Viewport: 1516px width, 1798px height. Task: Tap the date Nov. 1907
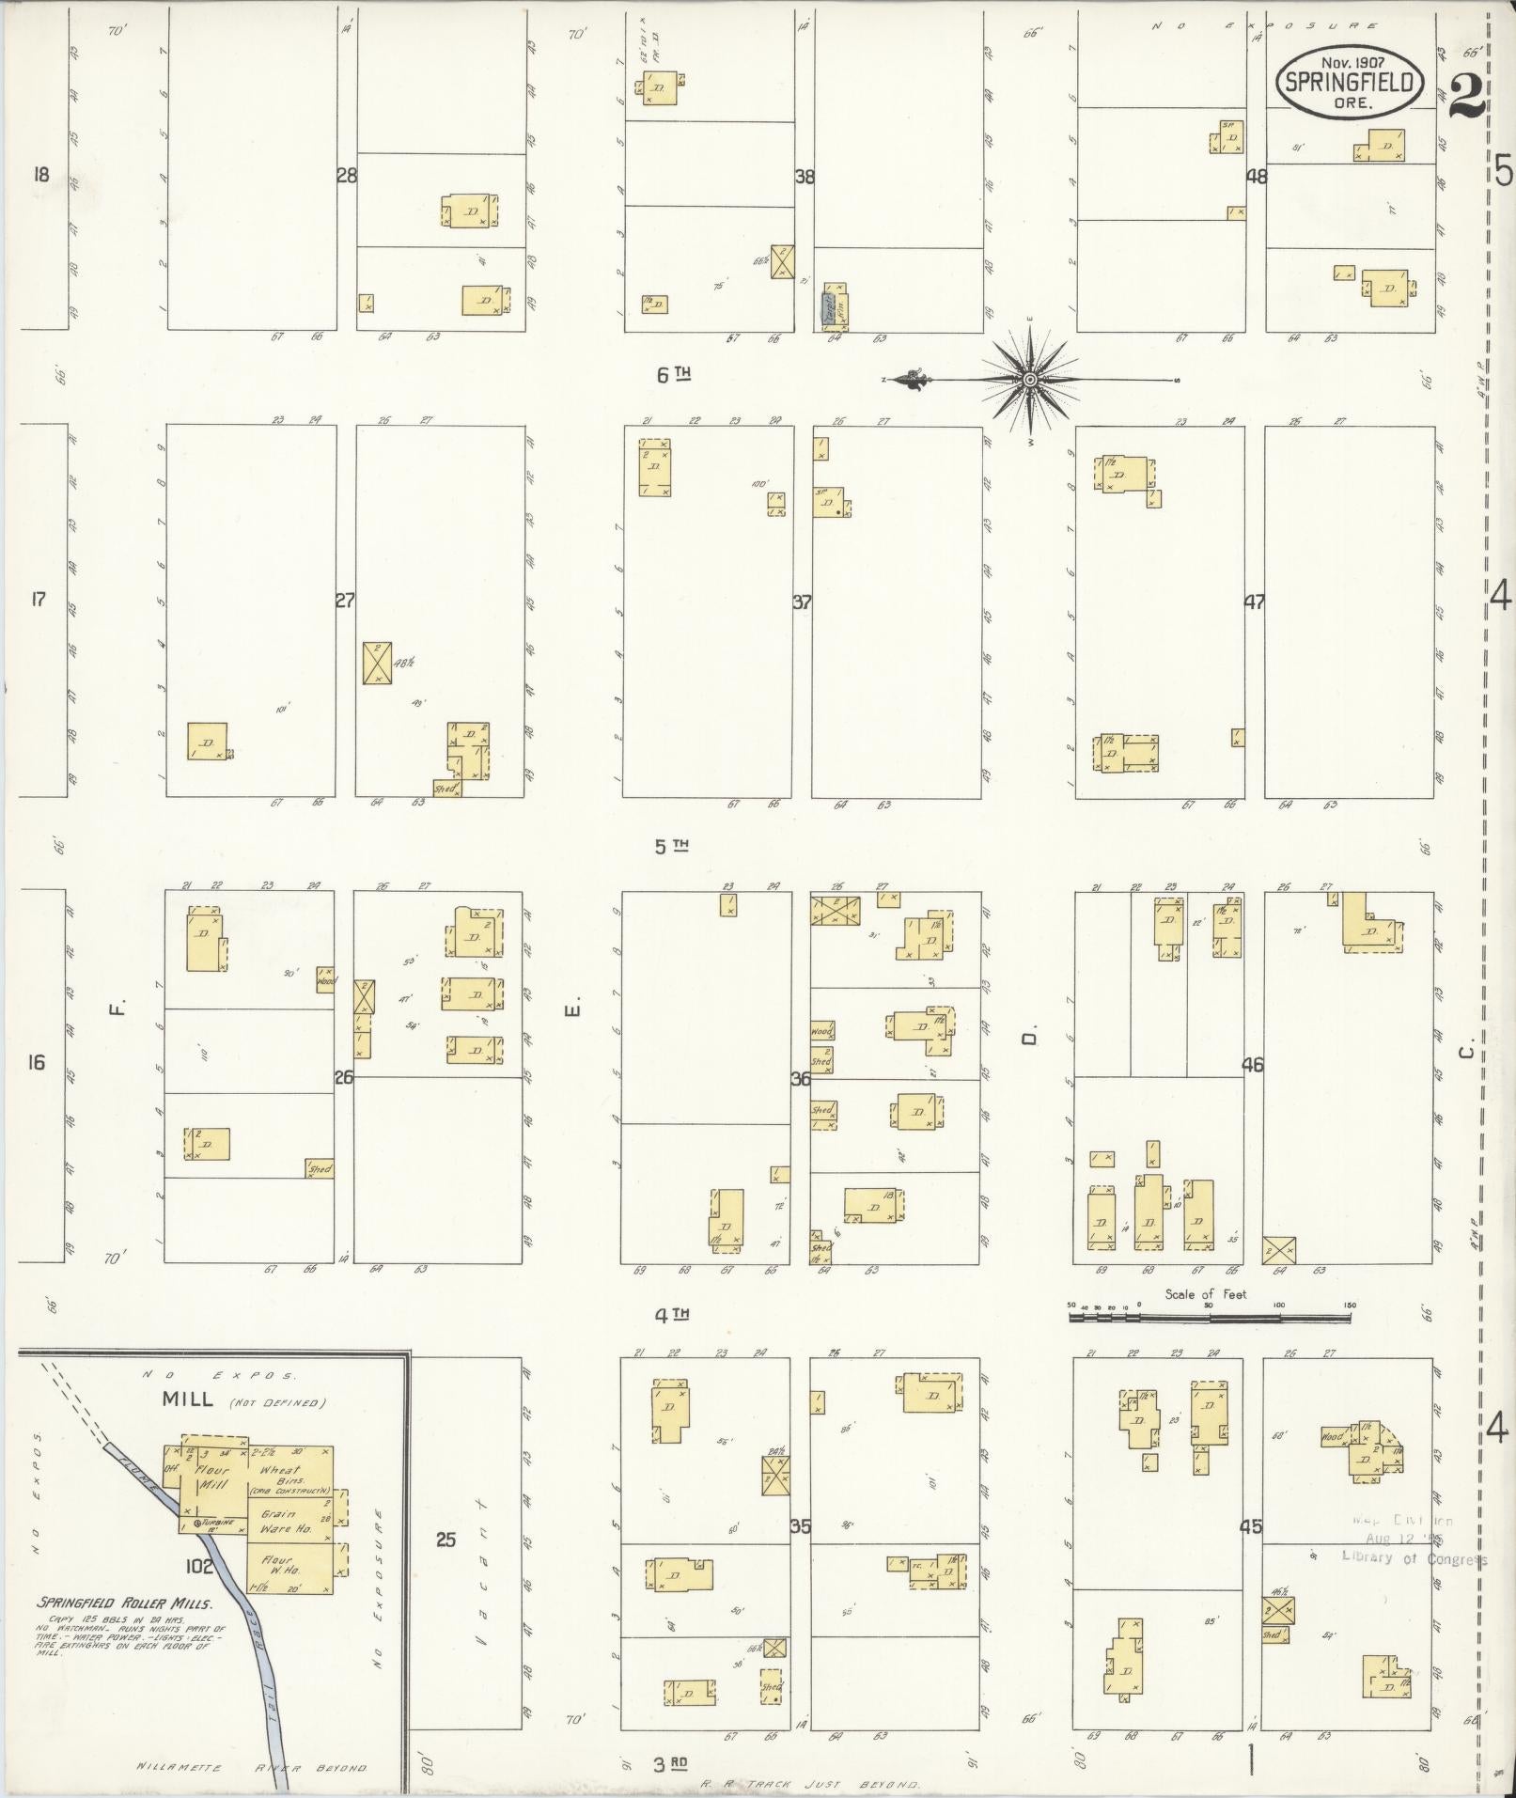pos(1350,61)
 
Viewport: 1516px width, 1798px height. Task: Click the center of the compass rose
pos(1030,380)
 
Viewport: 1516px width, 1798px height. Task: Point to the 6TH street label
pos(673,375)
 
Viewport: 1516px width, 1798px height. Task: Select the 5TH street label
pos(671,846)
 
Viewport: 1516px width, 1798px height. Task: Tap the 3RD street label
pos(671,1764)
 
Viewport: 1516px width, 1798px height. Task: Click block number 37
pos(802,602)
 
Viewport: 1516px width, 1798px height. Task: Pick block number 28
pos(346,175)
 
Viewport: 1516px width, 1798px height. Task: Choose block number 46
pos(1252,1065)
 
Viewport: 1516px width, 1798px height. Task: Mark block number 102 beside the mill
pos(199,1566)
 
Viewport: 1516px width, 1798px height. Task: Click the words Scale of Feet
pos(1206,1294)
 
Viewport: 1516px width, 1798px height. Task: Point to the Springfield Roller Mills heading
pos(124,1603)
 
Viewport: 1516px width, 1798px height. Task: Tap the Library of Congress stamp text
pos(1414,1559)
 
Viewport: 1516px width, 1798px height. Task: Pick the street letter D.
pos(1030,1038)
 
